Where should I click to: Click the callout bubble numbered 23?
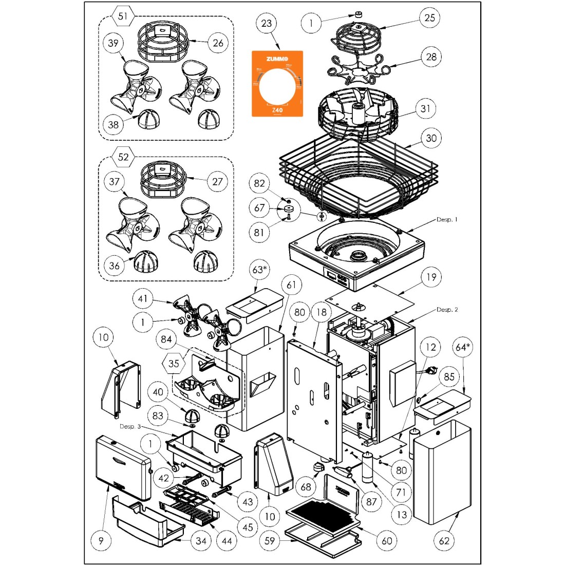point(267,23)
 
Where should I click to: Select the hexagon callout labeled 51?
point(123,16)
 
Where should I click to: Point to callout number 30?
point(431,138)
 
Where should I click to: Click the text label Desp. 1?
point(447,219)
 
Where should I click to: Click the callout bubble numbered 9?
point(101,540)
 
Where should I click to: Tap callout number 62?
point(444,540)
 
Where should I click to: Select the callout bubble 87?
point(371,502)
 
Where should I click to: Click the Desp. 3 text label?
point(130,426)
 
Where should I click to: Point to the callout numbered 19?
point(431,277)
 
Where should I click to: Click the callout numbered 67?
point(259,208)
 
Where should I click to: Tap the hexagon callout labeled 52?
point(123,157)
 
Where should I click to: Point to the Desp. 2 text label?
point(447,310)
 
